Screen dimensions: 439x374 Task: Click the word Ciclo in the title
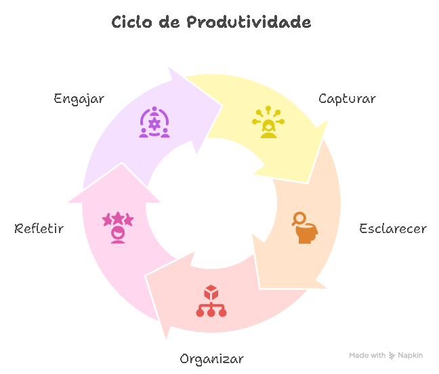click(x=131, y=22)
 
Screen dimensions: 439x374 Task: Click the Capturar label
click(x=347, y=99)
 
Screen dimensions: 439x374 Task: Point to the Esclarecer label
click(x=393, y=228)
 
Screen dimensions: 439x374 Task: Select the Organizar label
click(x=211, y=358)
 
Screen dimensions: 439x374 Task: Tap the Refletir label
click(x=39, y=228)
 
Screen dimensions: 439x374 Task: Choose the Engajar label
click(x=79, y=99)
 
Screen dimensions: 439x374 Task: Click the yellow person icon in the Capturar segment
click(x=269, y=123)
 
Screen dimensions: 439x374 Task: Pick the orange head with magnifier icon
click(x=304, y=228)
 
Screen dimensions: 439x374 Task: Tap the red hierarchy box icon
click(x=211, y=302)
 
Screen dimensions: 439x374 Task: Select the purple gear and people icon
click(x=154, y=123)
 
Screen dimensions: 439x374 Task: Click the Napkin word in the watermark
click(x=411, y=355)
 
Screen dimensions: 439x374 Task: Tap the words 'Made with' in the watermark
click(x=367, y=355)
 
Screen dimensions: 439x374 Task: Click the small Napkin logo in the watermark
click(x=392, y=355)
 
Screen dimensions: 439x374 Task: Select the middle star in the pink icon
click(x=118, y=218)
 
